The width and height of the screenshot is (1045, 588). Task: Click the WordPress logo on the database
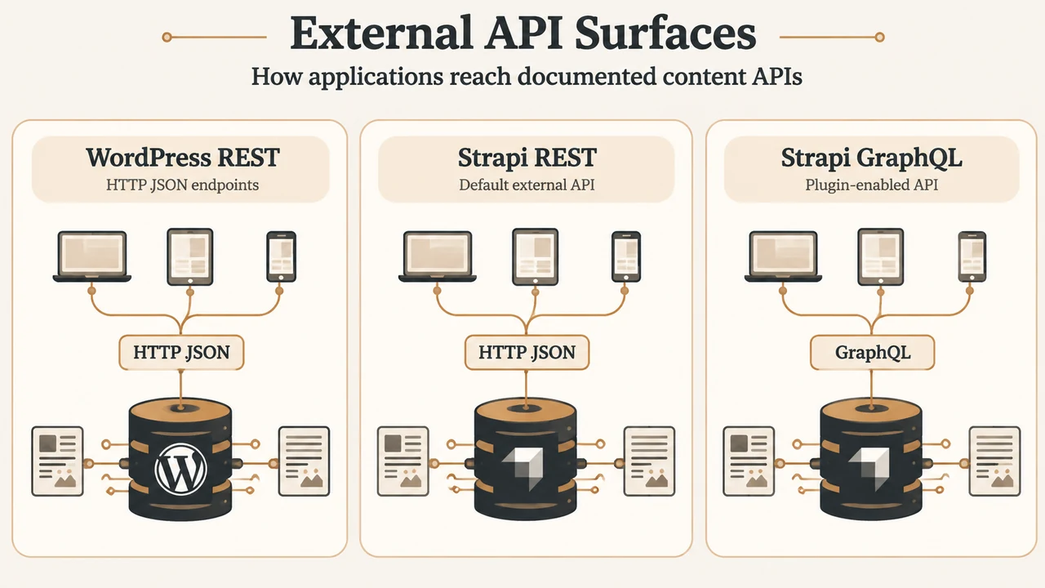click(180, 469)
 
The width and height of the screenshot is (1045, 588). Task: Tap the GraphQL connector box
click(873, 352)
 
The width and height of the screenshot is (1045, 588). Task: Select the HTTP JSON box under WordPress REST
click(181, 352)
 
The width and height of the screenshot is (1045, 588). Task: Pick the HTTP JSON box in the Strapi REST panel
click(527, 352)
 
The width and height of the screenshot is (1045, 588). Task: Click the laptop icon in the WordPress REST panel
click(92, 256)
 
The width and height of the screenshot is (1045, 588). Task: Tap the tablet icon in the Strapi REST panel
click(535, 256)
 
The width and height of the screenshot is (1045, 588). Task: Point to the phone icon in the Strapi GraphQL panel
click(972, 256)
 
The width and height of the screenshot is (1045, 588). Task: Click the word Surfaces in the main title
click(665, 33)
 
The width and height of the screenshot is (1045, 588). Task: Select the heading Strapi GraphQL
click(871, 158)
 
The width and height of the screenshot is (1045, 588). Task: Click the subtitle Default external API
click(527, 185)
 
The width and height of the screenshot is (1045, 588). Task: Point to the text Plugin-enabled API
click(871, 185)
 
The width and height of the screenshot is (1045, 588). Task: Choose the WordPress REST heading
click(182, 158)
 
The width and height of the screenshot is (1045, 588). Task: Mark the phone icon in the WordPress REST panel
click(281, 256)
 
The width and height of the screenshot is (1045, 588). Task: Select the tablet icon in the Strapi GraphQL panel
click(880, 256)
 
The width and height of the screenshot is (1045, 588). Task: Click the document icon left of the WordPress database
click(57, 461)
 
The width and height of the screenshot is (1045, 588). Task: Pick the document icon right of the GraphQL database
click(994, 461)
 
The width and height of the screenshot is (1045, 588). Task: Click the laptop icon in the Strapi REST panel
click(437, 256)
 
